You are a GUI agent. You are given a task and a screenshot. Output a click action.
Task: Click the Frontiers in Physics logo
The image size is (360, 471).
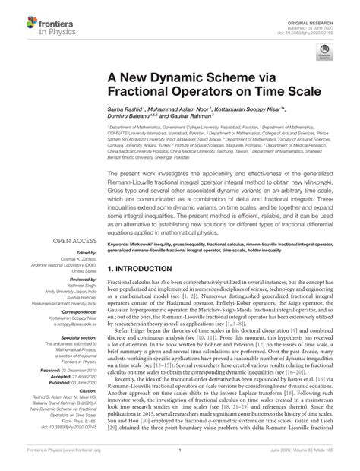coord(37,16)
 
